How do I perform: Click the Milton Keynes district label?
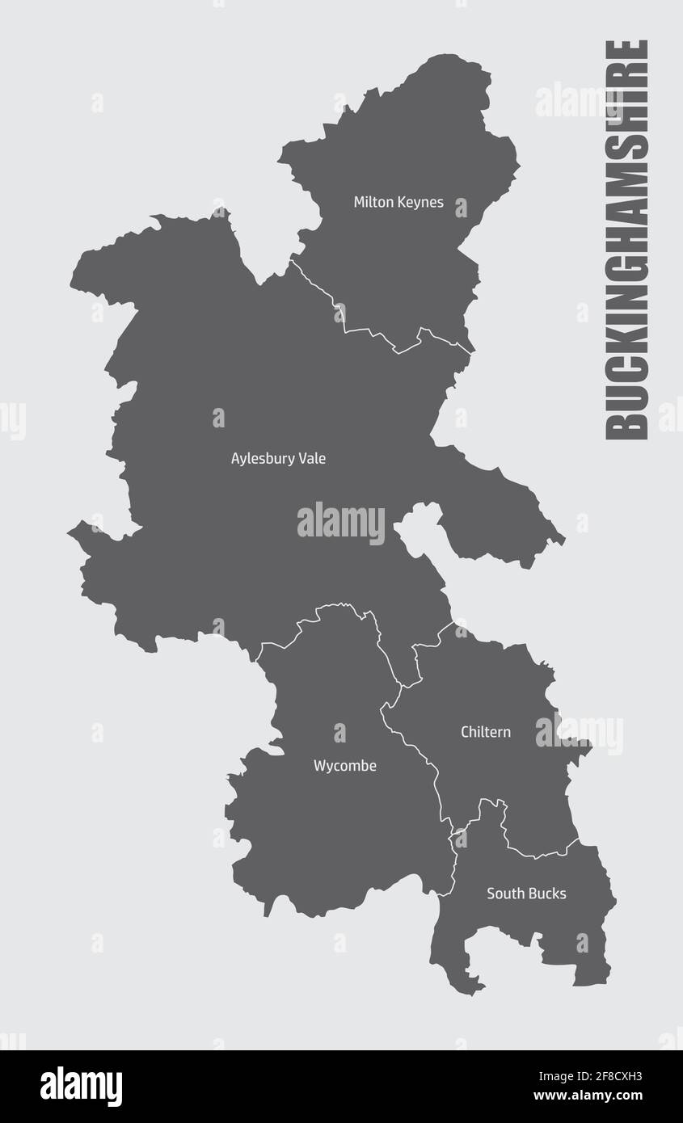click(x=398, y=202)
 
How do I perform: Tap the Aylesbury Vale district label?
click(x=278, y=458)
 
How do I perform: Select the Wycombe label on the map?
click(x=345, y=766)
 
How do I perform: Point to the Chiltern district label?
click(x=486, y=732)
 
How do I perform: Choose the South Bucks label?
click(x=526, y=894)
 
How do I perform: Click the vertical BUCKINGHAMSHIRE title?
click(x=627, y=240)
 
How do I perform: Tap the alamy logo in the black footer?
click(x=82, y=1086)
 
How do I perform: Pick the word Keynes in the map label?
click(x=420, y=202)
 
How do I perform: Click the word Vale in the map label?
click(x=312, y=458)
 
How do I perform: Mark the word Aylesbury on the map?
click(x=262, y=459)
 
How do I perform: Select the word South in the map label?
click(x=504, y=894)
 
